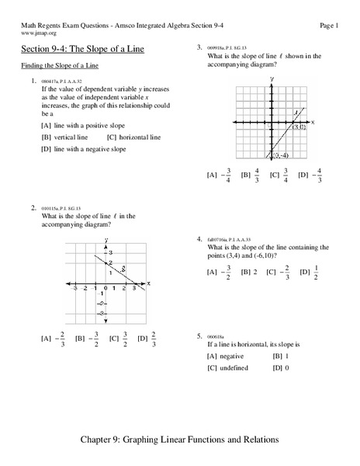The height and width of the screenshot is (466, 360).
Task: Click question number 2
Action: click(33, 208)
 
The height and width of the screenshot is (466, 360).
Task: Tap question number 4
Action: click(200, 238)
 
